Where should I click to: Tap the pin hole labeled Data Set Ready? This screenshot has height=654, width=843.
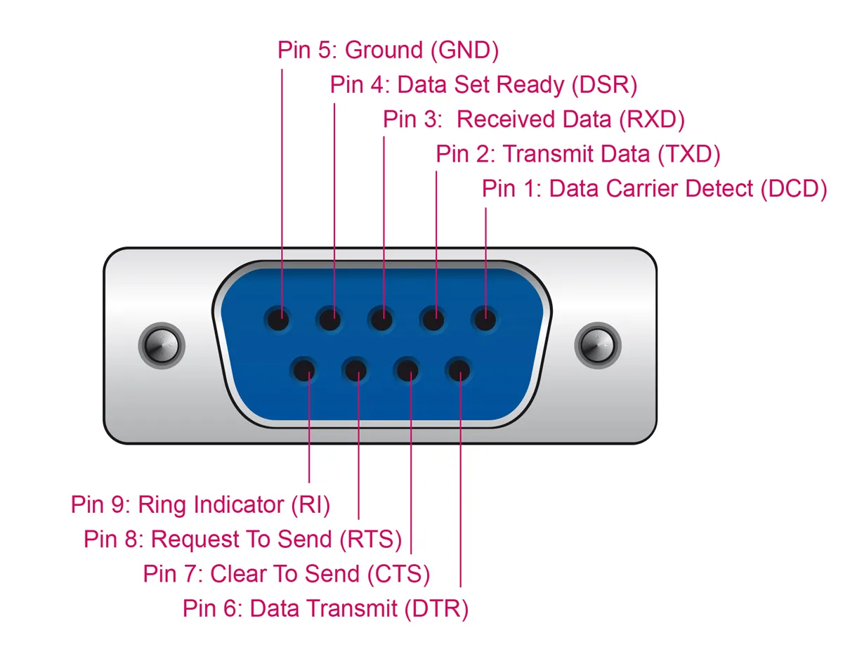pyautogui.click(x=329, y=320)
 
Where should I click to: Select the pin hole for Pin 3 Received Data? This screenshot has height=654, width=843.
pyautogui.click(x=381, y=320)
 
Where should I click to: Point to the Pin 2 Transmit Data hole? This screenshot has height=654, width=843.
pyautogui.click(x=433, y=320)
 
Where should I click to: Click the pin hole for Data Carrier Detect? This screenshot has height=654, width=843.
pyautogui.click(x=484, y=320)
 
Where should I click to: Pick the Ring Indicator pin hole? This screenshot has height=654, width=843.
pyautogui.click(x=304, y=370)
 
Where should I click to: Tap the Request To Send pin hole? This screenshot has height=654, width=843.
pyautogui.click(x=355, y=370)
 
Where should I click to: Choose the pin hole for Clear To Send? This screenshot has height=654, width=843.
pyautogui.click(x=407, y=370)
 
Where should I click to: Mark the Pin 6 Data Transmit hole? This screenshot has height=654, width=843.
pyautogui.click(x=459, y=370)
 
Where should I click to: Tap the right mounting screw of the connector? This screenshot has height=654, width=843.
pyautogui.click(x=598, y=345)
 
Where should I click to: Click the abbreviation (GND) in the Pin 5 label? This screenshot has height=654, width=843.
pyautogui.click(x=464, y=51)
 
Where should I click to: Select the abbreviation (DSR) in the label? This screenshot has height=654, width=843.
pyautogui.click(x=603, y=85)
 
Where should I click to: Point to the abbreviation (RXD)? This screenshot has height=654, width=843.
pyautogui.click(x=651, y=119)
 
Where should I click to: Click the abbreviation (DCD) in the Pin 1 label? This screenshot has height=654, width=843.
pyautogui.click(x=794, y=188)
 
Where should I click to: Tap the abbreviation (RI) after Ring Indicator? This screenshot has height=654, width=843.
pyautogui.click(x=310, y=504)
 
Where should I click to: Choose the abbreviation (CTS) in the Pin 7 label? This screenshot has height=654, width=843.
pyautogui.click(x=398, y=573)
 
